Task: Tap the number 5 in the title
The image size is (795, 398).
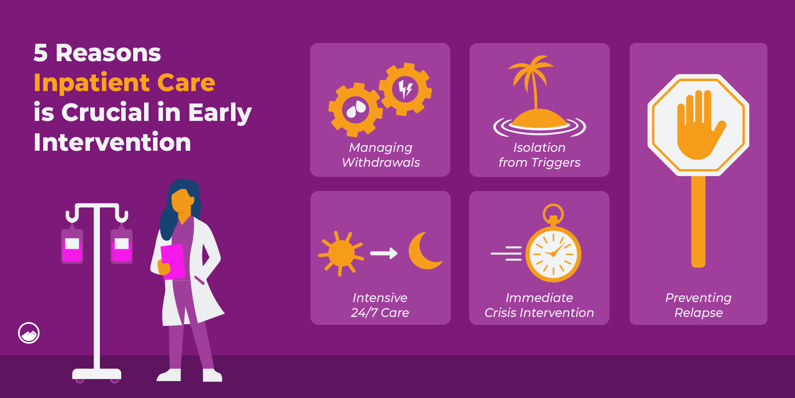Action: click(x=40, y=53)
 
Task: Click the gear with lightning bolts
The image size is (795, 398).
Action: click(x=405, y=89)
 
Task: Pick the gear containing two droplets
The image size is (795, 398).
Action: click(x=355, y=110)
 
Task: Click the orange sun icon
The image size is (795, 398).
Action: click(x=341, y=253)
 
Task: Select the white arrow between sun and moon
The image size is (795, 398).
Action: click(x=384, y=253)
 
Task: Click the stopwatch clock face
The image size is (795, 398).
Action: click(x=553, y=254)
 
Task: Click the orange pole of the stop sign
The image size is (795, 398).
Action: click(x=698, y=221)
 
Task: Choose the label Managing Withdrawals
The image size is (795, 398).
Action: click(x=381, y=155)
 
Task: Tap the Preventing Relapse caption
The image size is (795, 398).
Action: click(x=698, y=305)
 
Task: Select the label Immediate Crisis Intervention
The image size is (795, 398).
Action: click(x=539, y=305)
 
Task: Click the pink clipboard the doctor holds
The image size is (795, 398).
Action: click(x=173, y=262)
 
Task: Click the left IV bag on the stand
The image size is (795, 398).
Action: click(x=72, y=246)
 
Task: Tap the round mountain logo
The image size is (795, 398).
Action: click(x=29, y=333)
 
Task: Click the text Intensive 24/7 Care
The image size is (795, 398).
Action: click(x=380, y=305)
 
